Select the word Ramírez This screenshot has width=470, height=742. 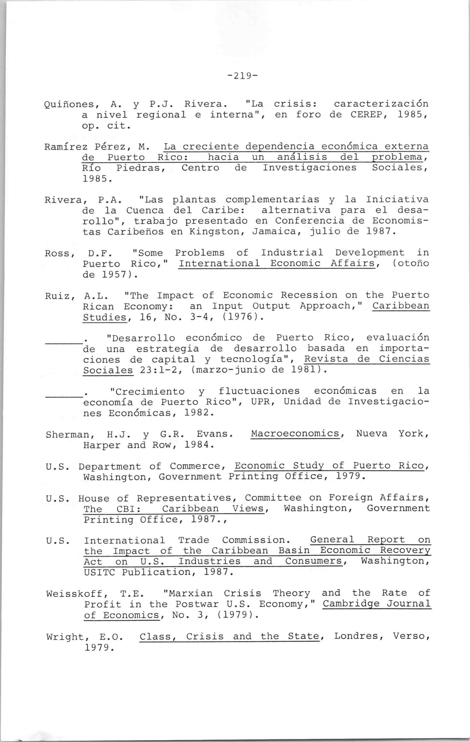coord(65,147)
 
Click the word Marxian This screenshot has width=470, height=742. coord(188,593)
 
